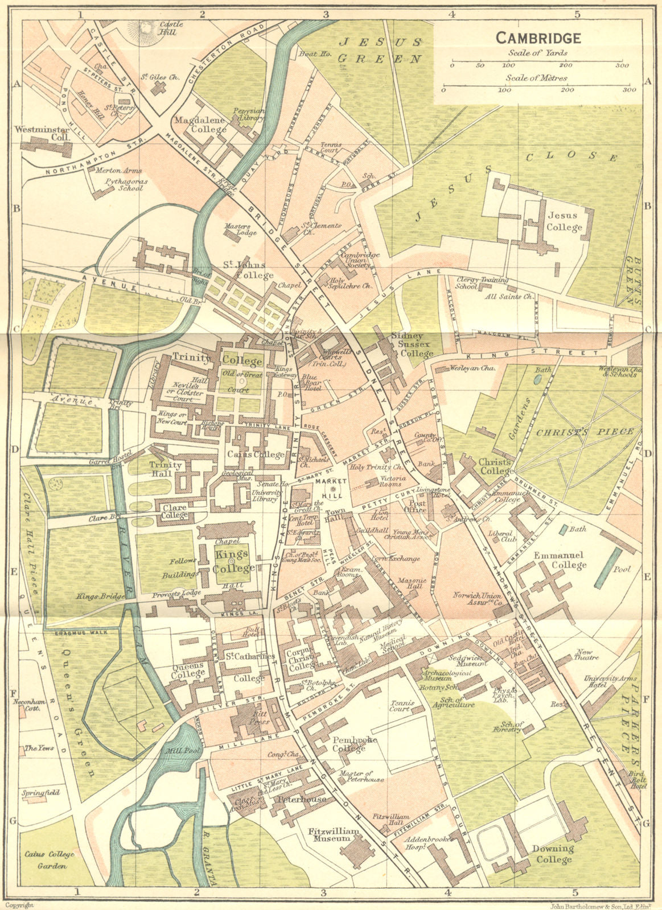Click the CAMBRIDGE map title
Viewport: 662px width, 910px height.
click(x=538, y=38)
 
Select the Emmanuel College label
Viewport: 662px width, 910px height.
click(x=560, y=560)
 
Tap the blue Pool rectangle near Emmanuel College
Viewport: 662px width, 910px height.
click(x=607, y=569)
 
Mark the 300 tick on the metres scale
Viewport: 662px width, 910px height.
click(x=628, y=89)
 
